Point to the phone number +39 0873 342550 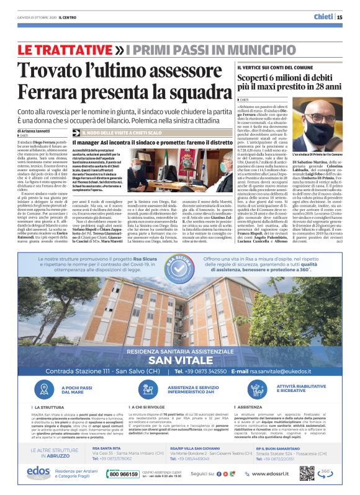205,372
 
